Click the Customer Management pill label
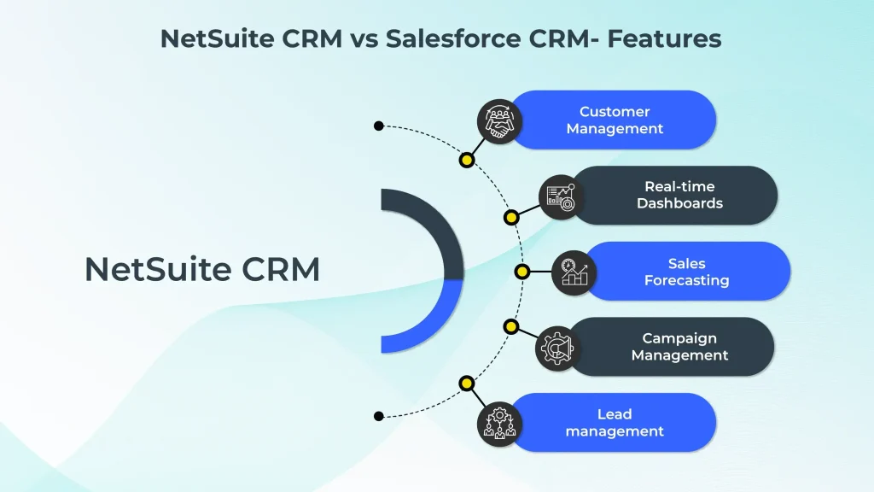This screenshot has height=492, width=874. [615, 120]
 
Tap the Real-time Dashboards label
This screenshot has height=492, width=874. [679, 196]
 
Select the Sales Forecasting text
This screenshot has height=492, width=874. [686, 272]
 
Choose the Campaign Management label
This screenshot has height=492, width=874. [679, 347]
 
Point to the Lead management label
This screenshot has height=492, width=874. [615, 423]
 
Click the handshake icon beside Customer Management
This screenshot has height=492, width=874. [498, 120]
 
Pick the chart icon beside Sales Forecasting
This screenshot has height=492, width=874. [574, 272]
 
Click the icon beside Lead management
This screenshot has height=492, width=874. [498, 423]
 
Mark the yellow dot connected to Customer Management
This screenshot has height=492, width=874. [466, 160]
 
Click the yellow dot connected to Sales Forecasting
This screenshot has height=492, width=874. [521, 272]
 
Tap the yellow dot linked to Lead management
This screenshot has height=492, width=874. [466, 384]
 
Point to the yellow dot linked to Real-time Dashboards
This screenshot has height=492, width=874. [510, 217]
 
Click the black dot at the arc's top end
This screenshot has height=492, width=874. [378, 126]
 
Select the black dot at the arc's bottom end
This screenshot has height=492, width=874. [378, 416]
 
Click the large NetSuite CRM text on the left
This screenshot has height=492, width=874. [202, 270]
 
